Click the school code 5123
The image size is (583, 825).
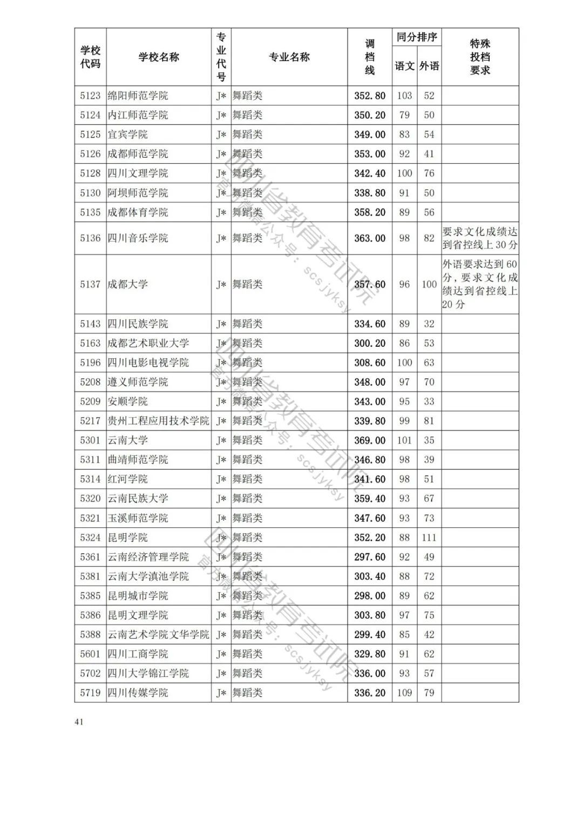coord(90,96)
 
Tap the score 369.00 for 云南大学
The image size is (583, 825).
coord(370,440)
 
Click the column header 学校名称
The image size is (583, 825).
coord(159,57)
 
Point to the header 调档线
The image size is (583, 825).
coord(370,57)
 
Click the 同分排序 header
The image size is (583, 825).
coord(417,37)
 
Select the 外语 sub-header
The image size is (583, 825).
coord(429,66)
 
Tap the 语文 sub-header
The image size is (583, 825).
coord(404,66)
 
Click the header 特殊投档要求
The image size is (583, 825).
coord(480,57)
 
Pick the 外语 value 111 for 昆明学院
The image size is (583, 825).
coord(429,538)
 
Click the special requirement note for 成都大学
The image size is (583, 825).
coord(480,284)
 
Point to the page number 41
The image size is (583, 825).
coord(79,722)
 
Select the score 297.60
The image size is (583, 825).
coord(370,557)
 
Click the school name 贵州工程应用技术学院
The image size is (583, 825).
coord(158,421)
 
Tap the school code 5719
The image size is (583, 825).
coord(90,693)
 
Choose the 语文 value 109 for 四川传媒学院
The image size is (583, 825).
coord(404,693)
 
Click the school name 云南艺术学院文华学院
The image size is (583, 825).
coord(158,634)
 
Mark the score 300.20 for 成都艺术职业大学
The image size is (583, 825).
coord(370,343)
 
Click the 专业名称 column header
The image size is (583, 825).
coord(289,57)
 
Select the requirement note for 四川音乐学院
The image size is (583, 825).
coord(480,238)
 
